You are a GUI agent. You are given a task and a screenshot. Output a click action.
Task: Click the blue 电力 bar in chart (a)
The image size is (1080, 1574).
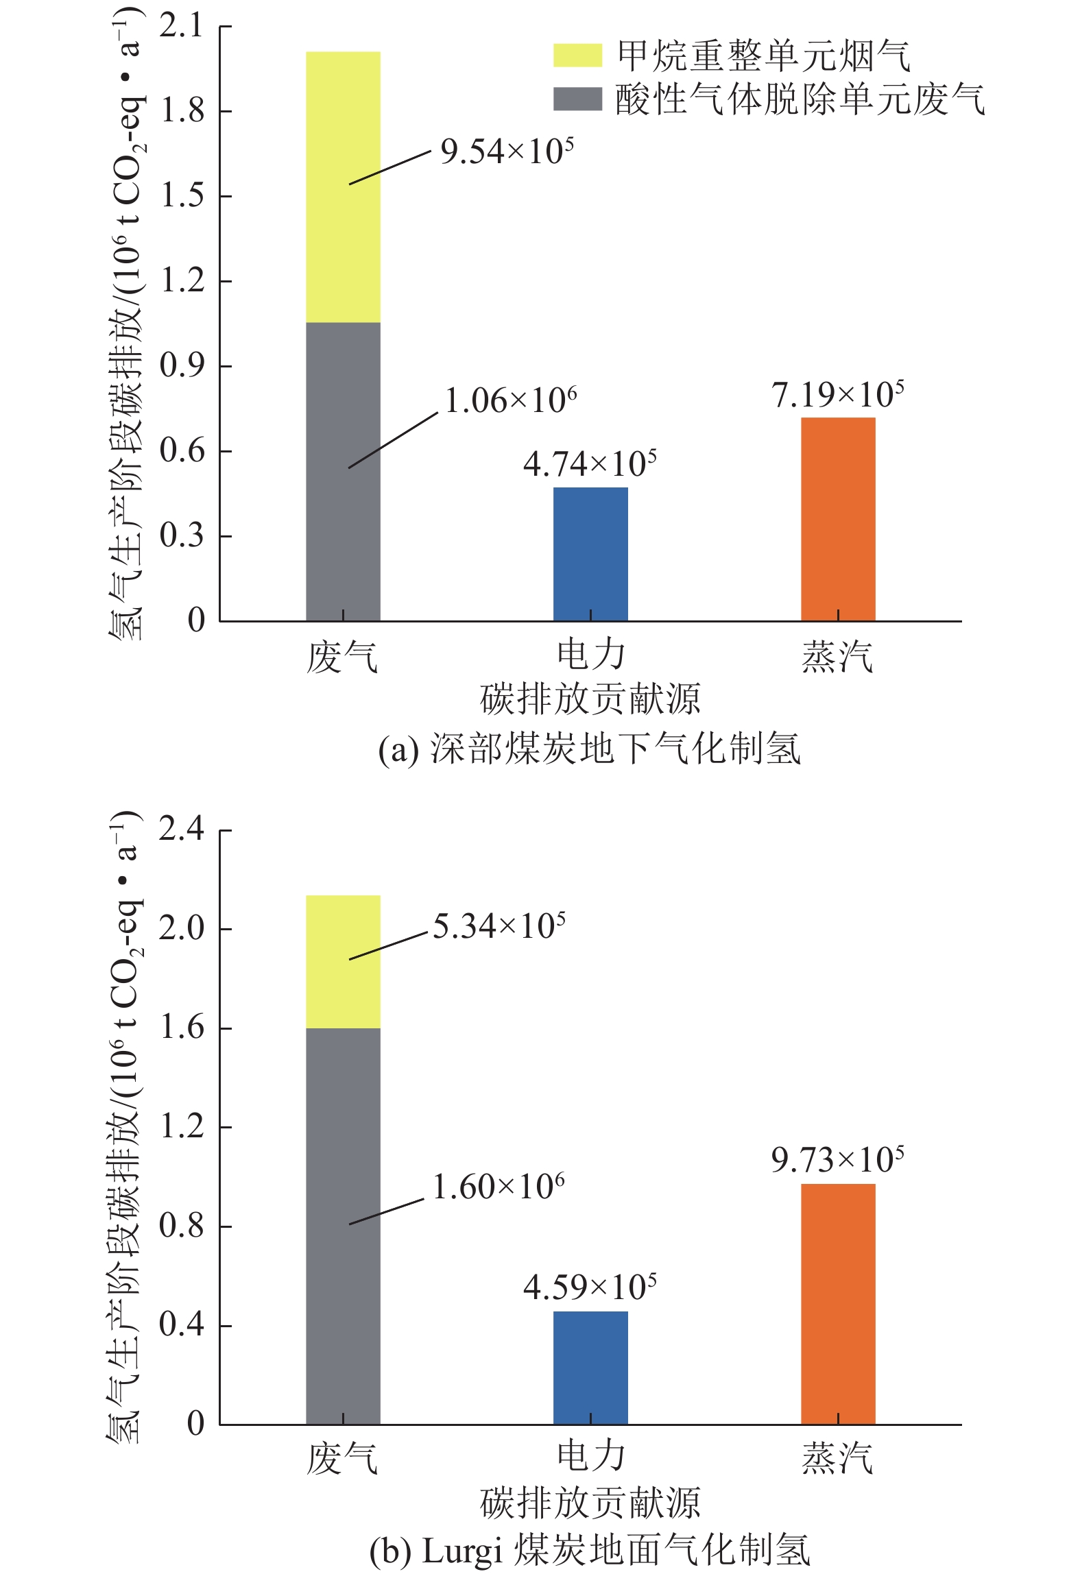coord(590,554)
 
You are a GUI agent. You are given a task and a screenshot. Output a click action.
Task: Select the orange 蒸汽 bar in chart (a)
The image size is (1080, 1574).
coord(838,519)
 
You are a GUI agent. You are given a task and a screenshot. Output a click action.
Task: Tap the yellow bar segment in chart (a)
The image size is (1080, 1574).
coord(343,186)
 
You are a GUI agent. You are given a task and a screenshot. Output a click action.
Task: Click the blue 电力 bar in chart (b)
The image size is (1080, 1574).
coord(590,1368)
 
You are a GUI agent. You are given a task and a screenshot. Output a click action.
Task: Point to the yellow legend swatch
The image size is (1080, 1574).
coord(577,56)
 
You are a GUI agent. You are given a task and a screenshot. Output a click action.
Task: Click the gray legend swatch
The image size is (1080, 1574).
coord(577,99)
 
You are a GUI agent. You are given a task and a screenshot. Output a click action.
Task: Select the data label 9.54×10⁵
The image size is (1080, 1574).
coord(507,152)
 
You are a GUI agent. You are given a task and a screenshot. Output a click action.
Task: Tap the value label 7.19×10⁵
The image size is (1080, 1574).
coord(837,395)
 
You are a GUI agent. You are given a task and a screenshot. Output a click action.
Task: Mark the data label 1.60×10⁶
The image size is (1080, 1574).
coord(499,1187)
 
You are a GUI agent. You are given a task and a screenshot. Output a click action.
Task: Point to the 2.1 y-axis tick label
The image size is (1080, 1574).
coord(182,27)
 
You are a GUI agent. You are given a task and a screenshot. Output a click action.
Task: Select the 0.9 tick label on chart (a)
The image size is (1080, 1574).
coord(182,366)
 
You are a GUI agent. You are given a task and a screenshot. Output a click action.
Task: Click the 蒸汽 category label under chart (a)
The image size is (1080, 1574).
coord(837,656)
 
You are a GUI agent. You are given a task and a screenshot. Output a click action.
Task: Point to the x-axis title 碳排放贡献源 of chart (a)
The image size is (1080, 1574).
coord(590,699)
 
